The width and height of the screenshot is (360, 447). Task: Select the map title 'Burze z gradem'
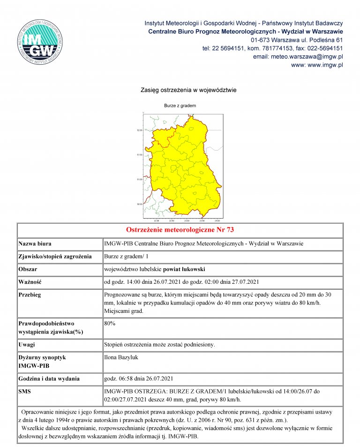180,106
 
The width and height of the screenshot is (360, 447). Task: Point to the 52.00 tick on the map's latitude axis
139,130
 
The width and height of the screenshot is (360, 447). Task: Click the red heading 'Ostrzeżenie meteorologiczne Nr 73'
180,230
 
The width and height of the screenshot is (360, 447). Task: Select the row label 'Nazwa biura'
35,244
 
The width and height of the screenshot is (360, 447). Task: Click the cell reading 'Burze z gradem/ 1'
126,257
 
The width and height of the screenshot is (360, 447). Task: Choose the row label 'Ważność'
30,282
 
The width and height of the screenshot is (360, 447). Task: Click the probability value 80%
110,323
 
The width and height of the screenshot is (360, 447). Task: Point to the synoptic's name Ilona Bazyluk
121,357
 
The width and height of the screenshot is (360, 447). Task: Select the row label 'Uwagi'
27,345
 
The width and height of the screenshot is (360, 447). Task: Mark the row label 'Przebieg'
30,295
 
